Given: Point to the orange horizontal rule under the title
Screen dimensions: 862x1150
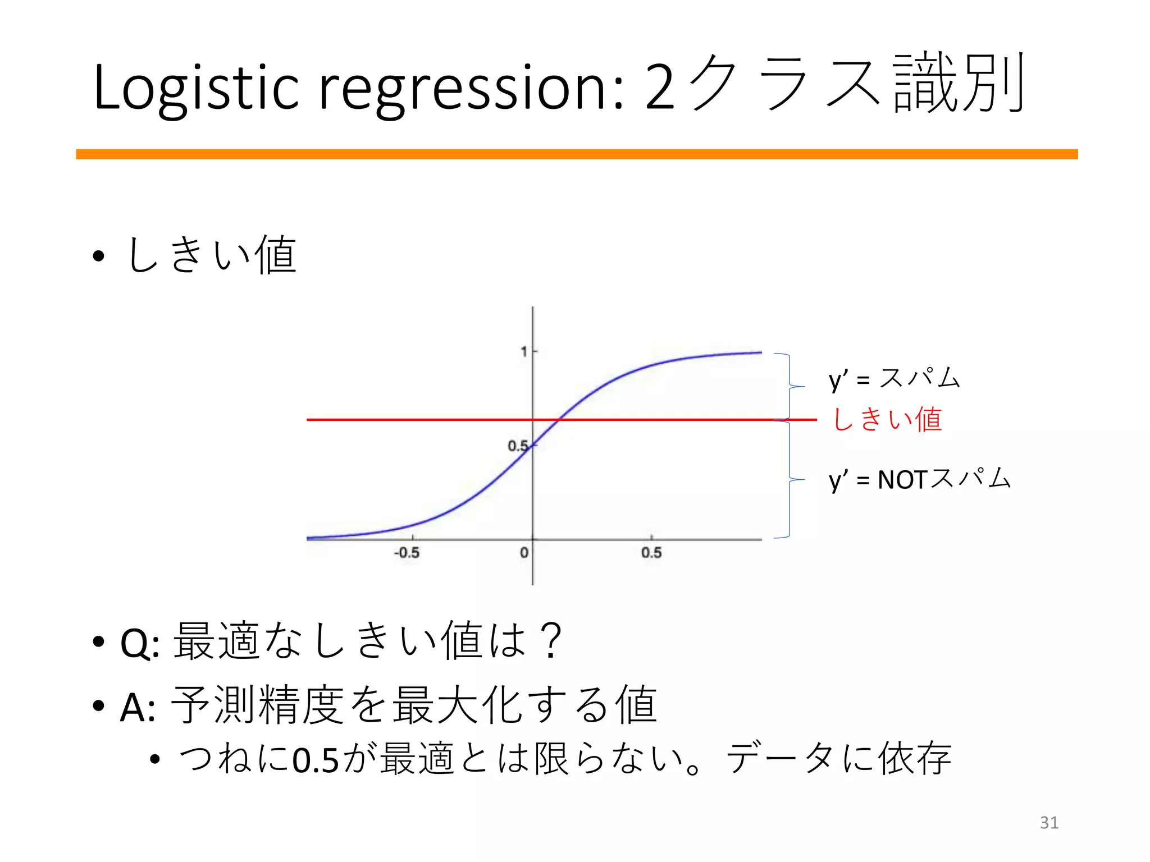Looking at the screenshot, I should pyautogui.click(x=577, y=154).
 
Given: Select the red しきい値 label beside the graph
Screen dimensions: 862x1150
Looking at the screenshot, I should pyautogui.click(x=887, y=420).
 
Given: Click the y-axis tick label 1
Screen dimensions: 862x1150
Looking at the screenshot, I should pyautogui.click(x=523, y=352).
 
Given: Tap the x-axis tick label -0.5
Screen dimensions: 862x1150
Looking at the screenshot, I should pyautogui.click(x=407, y=553).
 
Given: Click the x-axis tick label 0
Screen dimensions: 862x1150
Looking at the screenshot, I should pyautogui.click(x=524, y=553).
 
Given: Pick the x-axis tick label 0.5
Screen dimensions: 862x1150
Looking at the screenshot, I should pyautogui.click(x=651, y=553).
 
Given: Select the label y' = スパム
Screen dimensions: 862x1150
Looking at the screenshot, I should pyautogui.click(x=894, y=379).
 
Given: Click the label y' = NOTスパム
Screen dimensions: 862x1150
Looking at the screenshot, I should pyautogui.click(x=919, y=480).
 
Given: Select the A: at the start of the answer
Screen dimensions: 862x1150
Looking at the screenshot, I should pyautogui.click(x=138, y=707).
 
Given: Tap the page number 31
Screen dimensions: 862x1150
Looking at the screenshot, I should pyautogui.click(x=1049, y=823).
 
